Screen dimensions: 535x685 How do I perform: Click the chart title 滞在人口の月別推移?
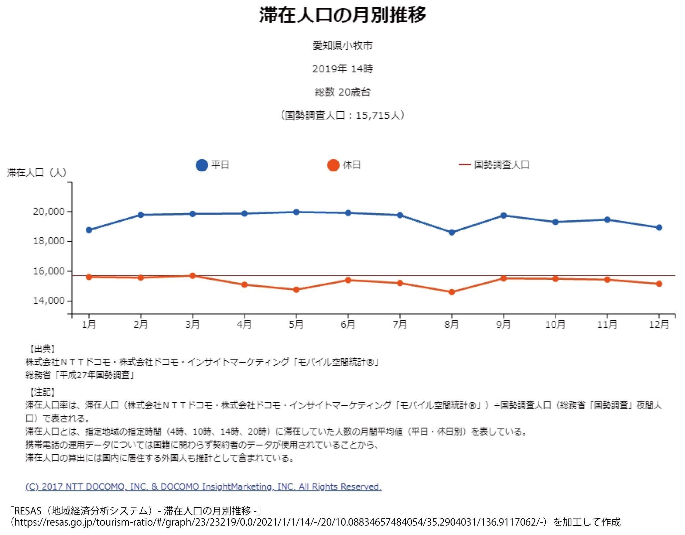[x=342, y=15]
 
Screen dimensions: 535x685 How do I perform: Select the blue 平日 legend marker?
[x=202, y=165]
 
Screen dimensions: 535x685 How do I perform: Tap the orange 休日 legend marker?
[x=333, y=165]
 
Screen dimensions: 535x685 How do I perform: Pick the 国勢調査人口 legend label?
[x=501, y=165]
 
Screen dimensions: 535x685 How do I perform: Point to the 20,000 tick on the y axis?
[x=49, y=212]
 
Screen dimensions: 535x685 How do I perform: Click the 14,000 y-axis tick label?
[x=49, y=301]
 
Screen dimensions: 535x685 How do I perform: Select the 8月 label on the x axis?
[x=452, y=324]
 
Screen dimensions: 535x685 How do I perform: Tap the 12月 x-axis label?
[x=659, y=324]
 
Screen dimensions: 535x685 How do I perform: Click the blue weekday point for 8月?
[x=452, y=233]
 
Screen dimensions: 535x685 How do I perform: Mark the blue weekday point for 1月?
[x=89, y=230]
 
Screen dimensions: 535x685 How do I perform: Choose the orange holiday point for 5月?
[x=296, y=290]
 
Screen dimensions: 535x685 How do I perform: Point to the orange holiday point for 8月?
[x=452, y=292]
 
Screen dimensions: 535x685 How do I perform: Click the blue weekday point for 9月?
[x=503, y=216]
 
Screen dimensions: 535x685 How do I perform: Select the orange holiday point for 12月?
[x=659, y=284]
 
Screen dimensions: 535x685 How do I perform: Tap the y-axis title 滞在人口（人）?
[x=37, y=173]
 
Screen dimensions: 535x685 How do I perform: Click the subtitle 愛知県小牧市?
[x=342, y=46]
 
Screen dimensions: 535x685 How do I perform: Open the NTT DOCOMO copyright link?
[x=204, y=487]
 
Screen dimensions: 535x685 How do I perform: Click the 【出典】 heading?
[x=41, y=349]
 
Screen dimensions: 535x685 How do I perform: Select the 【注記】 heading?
[x=41, y=392]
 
